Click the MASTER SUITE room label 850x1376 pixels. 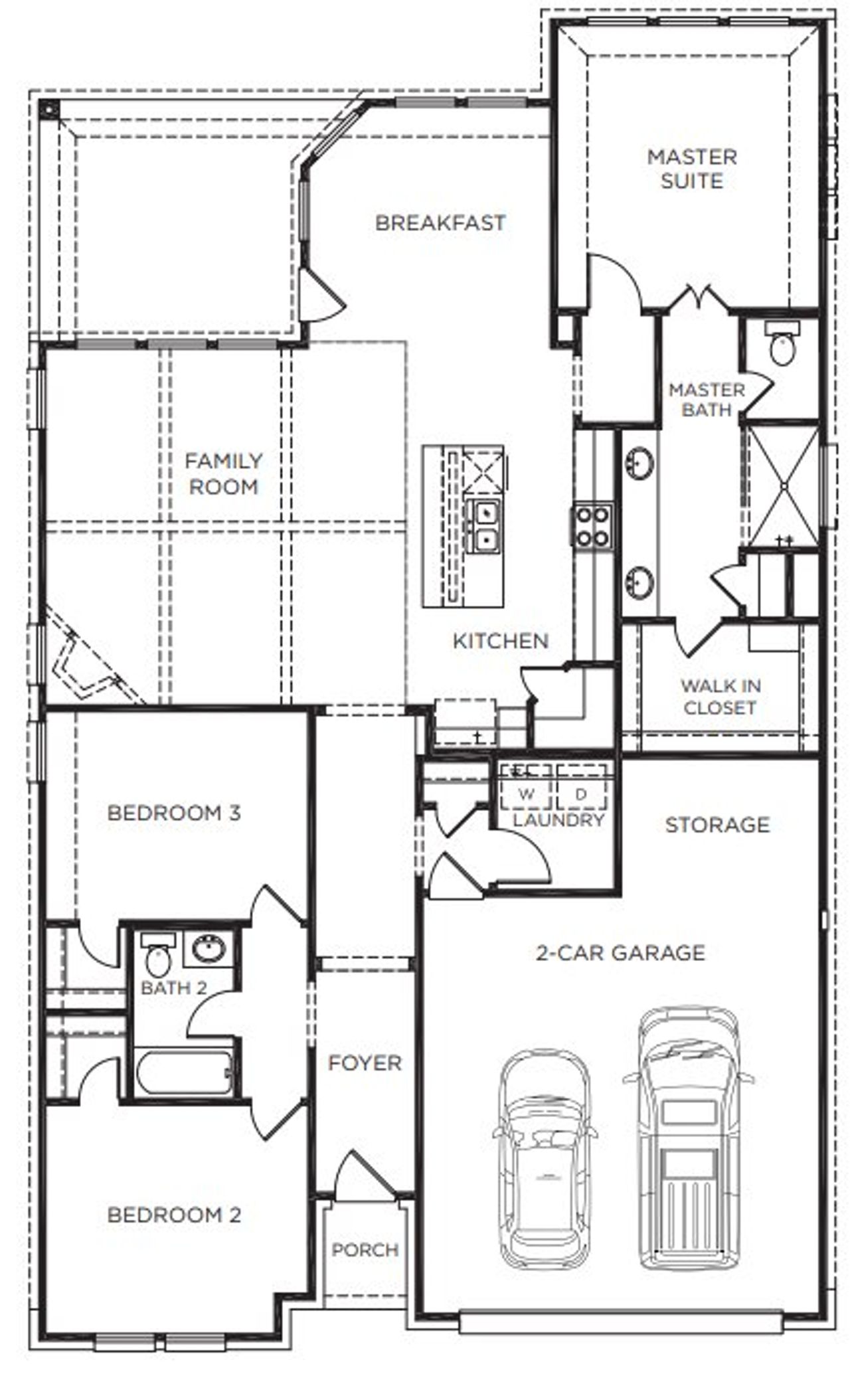692,169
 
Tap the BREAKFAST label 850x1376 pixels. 440,222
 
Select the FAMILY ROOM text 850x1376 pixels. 223,473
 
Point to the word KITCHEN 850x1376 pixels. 501,641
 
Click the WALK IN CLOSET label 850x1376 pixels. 721,697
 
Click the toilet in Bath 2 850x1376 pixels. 158,957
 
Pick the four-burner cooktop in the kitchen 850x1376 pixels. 592,525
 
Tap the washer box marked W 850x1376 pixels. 526,794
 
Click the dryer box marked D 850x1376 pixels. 581,794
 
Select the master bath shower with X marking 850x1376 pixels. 784,485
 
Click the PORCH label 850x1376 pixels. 365,1250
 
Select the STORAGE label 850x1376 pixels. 717,825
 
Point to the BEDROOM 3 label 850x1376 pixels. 173,813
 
